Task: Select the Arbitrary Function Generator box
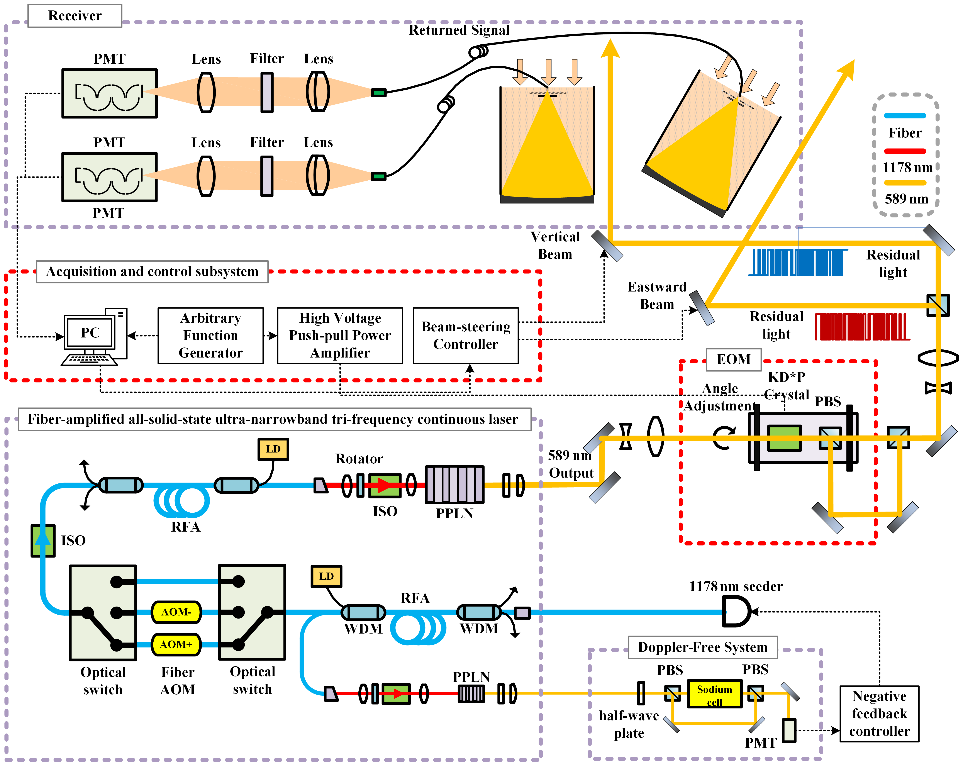click(210, 336)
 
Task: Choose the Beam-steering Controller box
click(465, 336)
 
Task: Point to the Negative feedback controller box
click(879, 713)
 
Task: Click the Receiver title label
click(75, 16)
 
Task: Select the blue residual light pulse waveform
click(797, 262)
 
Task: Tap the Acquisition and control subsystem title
click(152, 271)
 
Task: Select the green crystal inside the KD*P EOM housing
click(784, 438)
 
